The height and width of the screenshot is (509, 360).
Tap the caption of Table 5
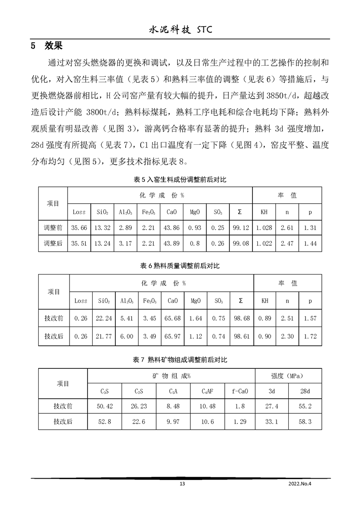(180, 180)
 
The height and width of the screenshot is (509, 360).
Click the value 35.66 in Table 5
(79, 228)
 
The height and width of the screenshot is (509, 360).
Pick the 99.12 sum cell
(240, 228)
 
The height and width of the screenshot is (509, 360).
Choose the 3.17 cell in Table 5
(125, 244)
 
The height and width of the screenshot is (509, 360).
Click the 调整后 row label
(53, 244)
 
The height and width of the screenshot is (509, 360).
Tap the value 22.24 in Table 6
(105, 318)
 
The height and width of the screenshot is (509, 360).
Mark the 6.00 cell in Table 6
(127, 337)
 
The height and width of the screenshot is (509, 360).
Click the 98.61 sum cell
(241, 337)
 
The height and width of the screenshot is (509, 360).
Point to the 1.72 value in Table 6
(310, 337)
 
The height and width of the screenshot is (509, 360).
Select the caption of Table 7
(180, 360)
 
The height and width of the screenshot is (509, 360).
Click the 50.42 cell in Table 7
(104, 406)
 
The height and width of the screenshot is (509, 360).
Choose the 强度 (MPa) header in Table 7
(287, 376)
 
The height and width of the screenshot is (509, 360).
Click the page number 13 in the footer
(182, 484)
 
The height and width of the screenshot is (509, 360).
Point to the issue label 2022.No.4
(301, 484)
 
